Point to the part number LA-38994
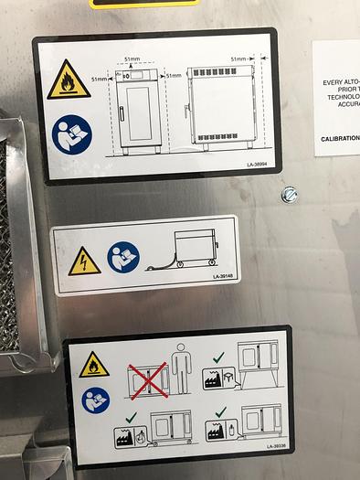[259, 165]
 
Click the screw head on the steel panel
[290, 194]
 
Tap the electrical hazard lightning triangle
[84, 261]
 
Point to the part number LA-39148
[224, 274]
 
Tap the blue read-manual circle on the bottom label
[94, 400]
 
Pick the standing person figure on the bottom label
[182, 368]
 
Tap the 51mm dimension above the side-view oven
[242, 59]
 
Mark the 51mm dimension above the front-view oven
[134, 59]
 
